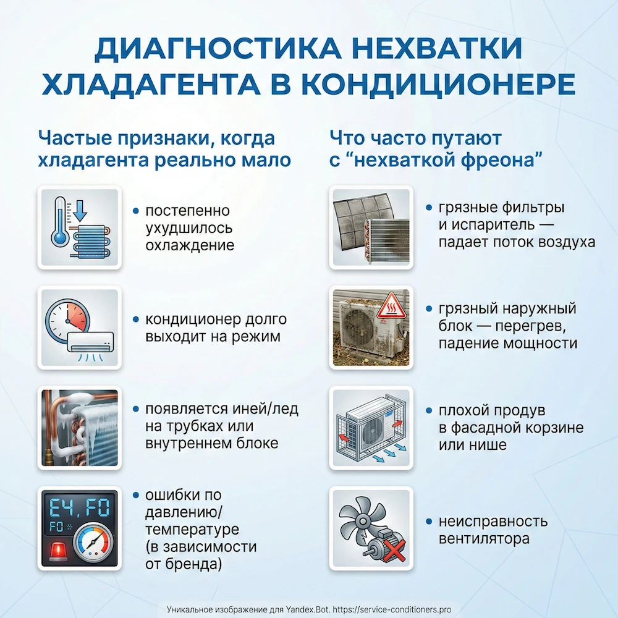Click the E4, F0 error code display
click(x=78, y=508)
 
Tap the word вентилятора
click(x=484, y=538)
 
